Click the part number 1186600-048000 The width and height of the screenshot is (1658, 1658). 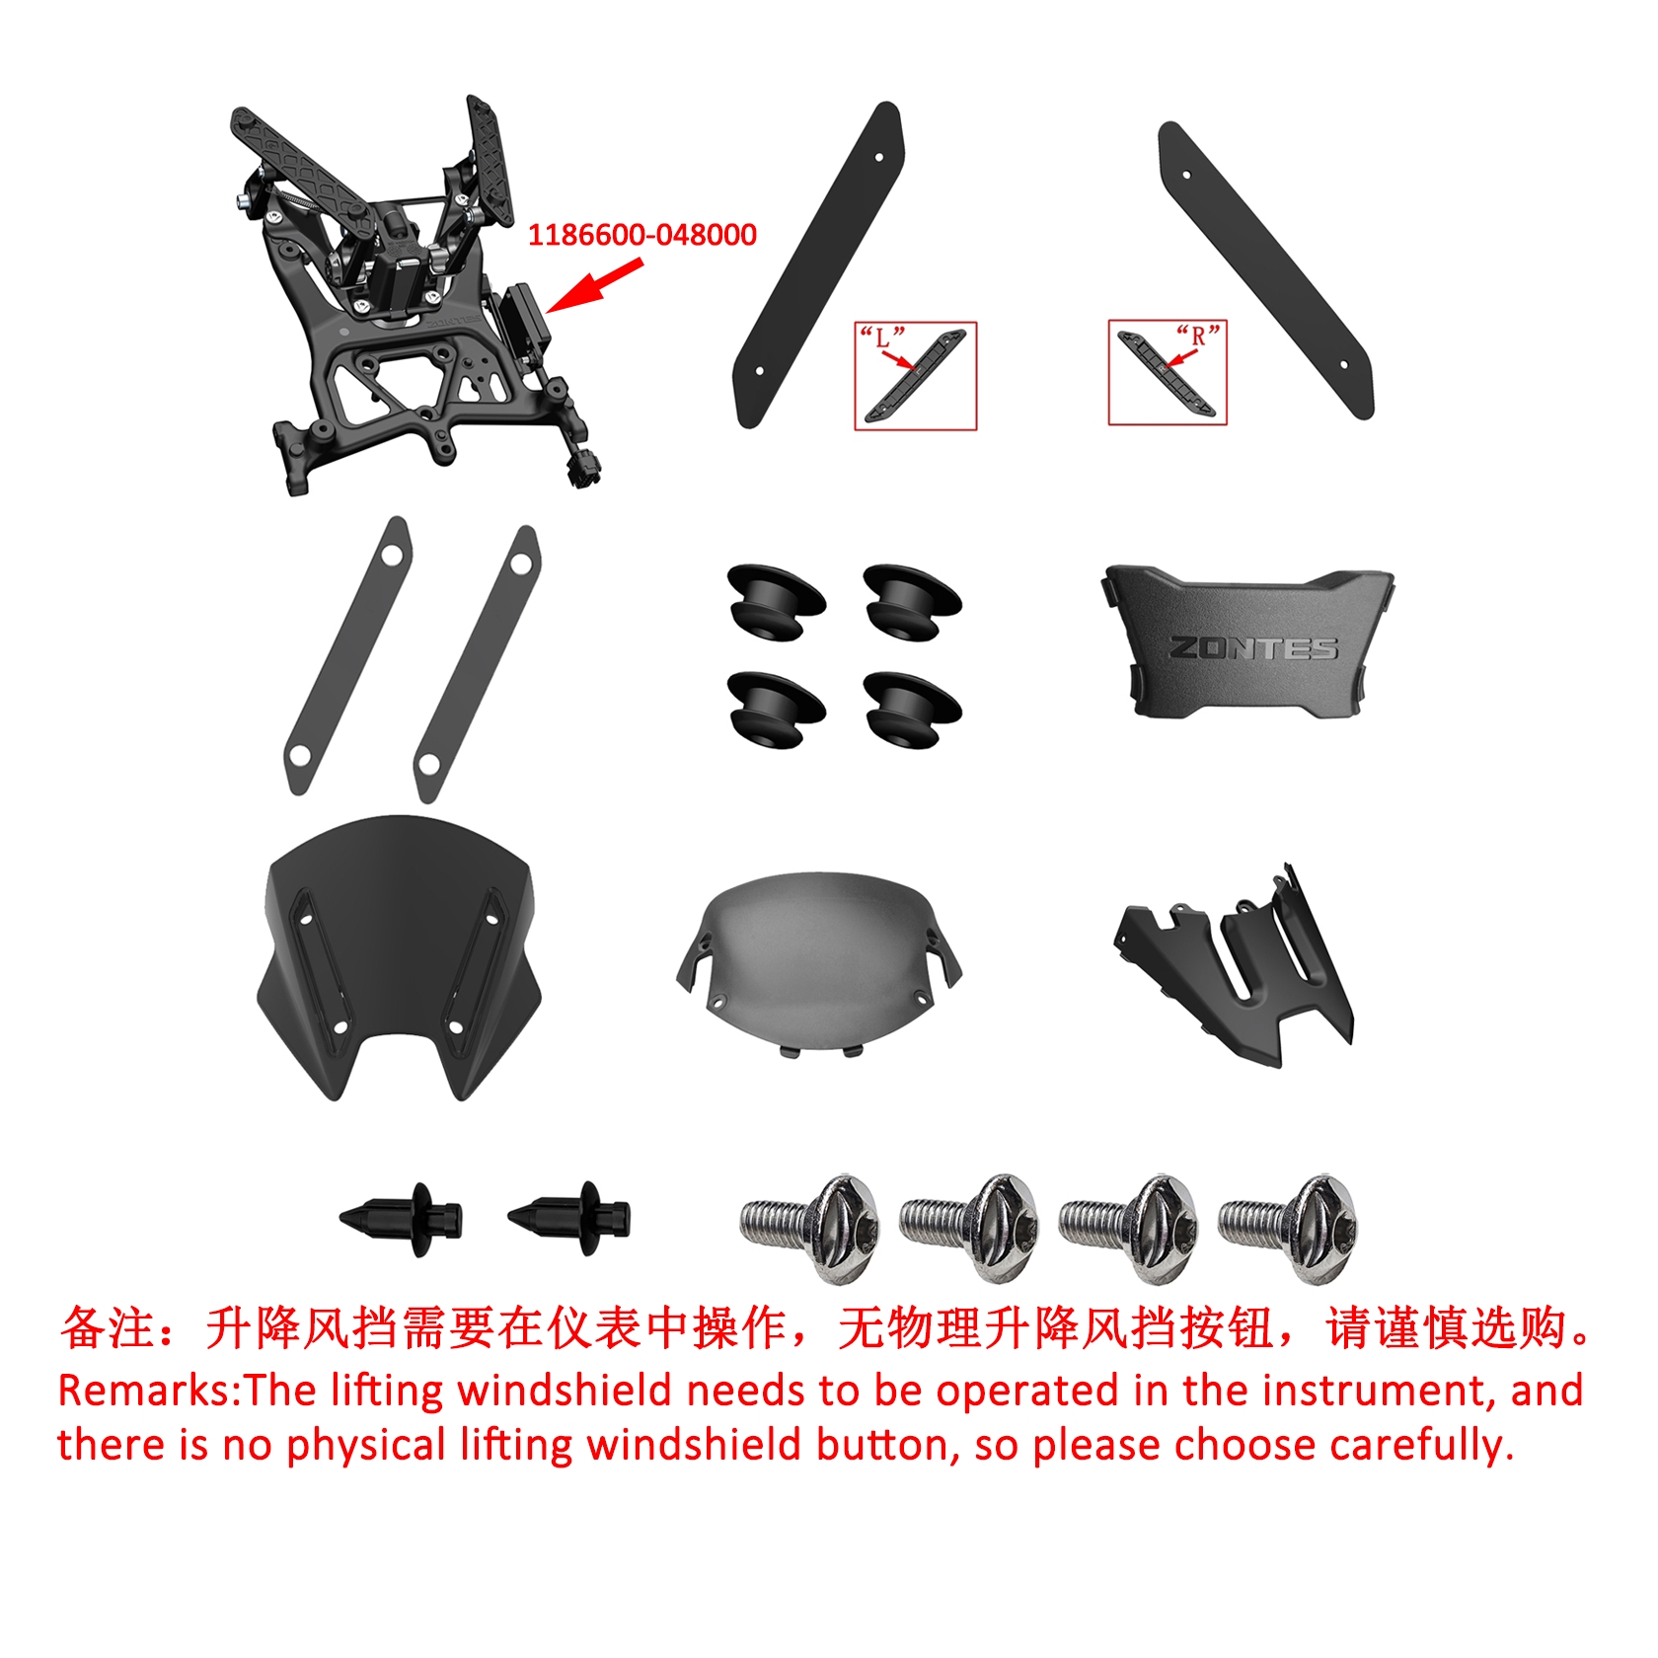(x=641, y=235)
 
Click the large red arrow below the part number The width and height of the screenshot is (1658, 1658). (x=594, y=286)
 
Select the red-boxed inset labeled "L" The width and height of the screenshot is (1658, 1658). (x=915, y=375)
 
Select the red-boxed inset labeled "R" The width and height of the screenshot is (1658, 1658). (x=1168, y=372)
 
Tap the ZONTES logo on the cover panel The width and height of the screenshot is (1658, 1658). (x=1253, y=647)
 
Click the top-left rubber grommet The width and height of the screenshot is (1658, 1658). (x=776, y=601)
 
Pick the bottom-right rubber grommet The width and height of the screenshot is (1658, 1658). (x=912, y=710)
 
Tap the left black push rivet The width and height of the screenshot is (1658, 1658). (x=401, y=1219)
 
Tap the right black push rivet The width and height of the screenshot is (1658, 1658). (x=569, y=1218)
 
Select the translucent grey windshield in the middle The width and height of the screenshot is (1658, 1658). (x=818, y=963)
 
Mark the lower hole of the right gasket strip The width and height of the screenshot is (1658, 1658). (x=429, y=764)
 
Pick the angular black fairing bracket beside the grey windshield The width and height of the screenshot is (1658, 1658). (x=1234, y=967)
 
